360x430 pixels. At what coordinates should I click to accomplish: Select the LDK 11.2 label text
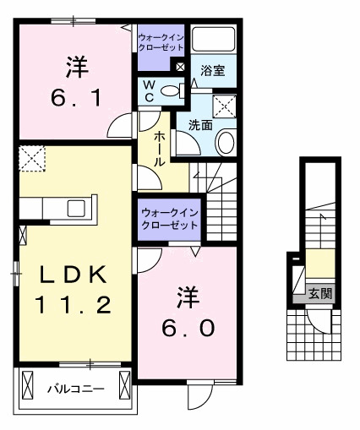tap(73, 289)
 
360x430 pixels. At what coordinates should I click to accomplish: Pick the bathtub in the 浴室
tap(213, 40)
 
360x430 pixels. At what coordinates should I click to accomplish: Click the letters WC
tap(149, 90)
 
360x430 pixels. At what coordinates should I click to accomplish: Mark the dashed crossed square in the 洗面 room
tap(224, 106)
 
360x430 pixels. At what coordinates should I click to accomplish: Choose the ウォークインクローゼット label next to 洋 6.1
tap(159, 42)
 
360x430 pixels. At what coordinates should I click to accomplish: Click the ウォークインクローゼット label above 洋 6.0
tap(169, 219)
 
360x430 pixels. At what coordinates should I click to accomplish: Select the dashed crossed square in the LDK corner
tap(33, 157)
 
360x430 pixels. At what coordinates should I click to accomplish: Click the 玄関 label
tap(319, 293)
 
